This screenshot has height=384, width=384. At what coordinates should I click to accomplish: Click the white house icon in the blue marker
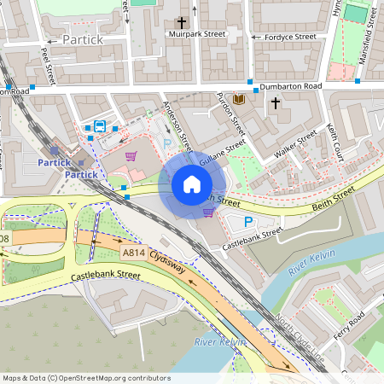point(192,184)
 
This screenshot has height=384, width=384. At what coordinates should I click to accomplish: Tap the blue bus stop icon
point(100,127)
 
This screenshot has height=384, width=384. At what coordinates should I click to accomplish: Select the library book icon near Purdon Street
point(238,100)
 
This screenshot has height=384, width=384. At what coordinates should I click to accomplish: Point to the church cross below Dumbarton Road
point(275,103)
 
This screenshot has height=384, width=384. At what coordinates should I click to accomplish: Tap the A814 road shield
point(134,253)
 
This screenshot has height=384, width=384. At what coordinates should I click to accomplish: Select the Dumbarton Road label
point(290,86)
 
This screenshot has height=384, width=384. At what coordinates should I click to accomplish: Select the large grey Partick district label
point(82,40)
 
